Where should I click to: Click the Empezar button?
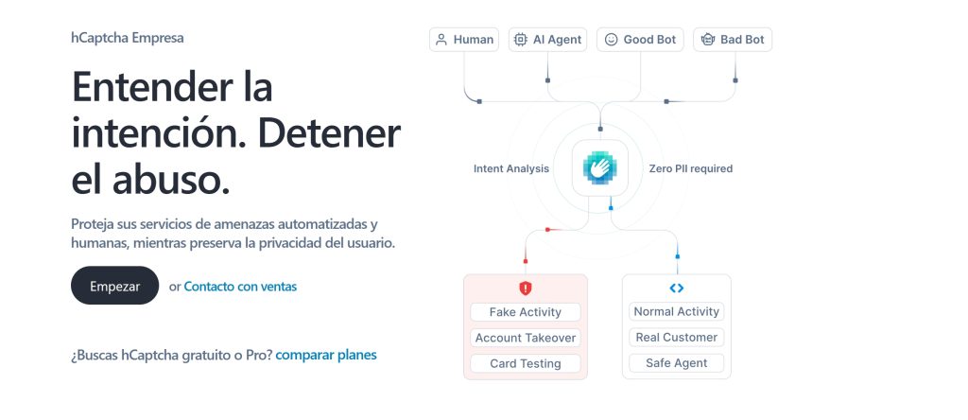click(114, 286)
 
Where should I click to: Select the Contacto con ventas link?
click(240, 287)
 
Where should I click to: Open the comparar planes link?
click(326, 355)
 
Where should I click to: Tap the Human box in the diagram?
click(464, 40)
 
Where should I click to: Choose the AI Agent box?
click(547, 40)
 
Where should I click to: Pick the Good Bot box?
click(641, 40)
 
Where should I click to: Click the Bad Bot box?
click(733, 40)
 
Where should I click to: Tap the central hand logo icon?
click(600, 168)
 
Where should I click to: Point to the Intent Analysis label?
click(511, 168)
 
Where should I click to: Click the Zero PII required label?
click(691, 168)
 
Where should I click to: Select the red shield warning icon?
click(526, 288)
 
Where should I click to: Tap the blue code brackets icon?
click(677, 288)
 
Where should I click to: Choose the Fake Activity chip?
click(526, 312)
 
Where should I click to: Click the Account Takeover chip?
click(526, 338)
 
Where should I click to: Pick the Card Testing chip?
click(526, 364)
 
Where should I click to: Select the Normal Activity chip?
click(677, 312)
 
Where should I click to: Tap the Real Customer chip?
click(677, 338)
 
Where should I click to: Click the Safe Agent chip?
click(677, 363)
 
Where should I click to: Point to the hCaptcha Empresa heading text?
click(128, 38)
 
